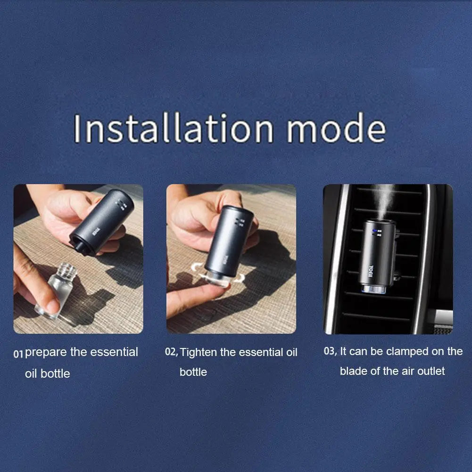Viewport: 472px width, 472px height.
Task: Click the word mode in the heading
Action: [336, 129]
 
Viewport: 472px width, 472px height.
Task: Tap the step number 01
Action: [18, 354]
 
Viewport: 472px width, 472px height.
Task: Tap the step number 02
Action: [171, 352]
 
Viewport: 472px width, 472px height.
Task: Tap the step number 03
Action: [330, 351]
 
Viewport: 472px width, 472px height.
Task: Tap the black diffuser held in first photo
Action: [102, 222]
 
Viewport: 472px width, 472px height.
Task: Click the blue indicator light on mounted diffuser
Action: [373, 232]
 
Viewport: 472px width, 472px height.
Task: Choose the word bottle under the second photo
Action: [193, 372]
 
